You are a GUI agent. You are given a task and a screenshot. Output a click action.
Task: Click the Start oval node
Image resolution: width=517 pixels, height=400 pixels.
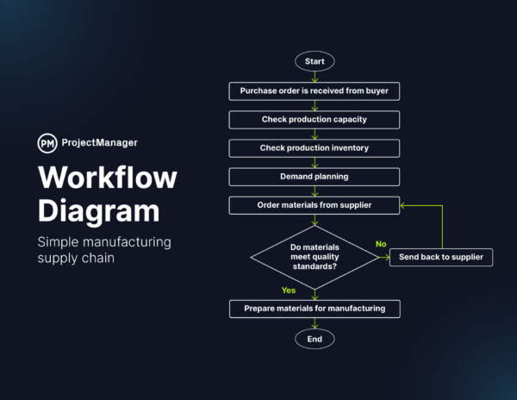pyautogui.click(x=315, y=61)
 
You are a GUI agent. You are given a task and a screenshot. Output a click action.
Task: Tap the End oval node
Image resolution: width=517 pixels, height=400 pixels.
pyautogui.click(x=315, y=340)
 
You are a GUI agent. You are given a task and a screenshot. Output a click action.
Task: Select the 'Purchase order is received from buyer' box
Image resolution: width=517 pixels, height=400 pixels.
pyautogui.click(x=315, y=91)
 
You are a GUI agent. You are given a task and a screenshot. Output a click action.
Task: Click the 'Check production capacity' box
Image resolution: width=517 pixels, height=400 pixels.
pyautogui.click(x=315, y=119)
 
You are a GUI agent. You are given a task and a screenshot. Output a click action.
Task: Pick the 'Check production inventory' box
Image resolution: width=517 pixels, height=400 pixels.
pyautogui.click(x=315, y=148)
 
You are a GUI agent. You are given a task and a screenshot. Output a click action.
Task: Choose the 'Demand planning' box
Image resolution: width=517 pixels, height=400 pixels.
pyautogui.click(x=315, y=177)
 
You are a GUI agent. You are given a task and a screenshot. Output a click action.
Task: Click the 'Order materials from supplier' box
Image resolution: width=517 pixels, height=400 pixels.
pyautogui.click(x=315, y=205)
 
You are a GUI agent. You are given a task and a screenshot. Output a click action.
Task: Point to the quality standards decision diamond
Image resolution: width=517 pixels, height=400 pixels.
pyautogui.click(x=315, y=257)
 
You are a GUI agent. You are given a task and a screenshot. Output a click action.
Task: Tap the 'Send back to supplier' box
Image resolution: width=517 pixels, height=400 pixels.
pyautogui.click(x=440, y=257)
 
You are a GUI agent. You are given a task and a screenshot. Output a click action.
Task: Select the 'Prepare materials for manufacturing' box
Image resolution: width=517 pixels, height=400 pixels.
pyautogui.click(x=315, y=308)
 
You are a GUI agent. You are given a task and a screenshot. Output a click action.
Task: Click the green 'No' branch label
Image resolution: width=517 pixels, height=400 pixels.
pyautogui.click(x=381, y=245)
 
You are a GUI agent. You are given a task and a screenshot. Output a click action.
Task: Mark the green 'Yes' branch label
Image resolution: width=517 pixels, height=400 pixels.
pyautogui.click(x=289, y=291)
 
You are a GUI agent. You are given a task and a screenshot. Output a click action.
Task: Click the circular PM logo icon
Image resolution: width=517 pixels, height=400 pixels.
pyautogui.click(x=47, y=143)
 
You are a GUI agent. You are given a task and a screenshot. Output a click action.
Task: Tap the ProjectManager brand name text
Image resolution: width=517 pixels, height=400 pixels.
pyautogui.click(x=99, y=143)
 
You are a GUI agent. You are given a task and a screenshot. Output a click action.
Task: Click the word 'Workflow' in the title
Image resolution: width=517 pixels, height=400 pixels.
pyautogui.click(x=108, y=178)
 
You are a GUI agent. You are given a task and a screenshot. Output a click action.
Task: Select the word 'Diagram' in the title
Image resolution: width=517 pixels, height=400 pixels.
pyautogui.click(x=98, y=211)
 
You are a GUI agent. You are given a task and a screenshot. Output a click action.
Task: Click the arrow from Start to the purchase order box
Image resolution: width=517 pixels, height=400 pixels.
pyautogui.click(x=315, y=76)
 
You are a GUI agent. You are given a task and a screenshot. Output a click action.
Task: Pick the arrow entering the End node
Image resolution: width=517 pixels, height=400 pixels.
pyautogui.click(x=315, y=324)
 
